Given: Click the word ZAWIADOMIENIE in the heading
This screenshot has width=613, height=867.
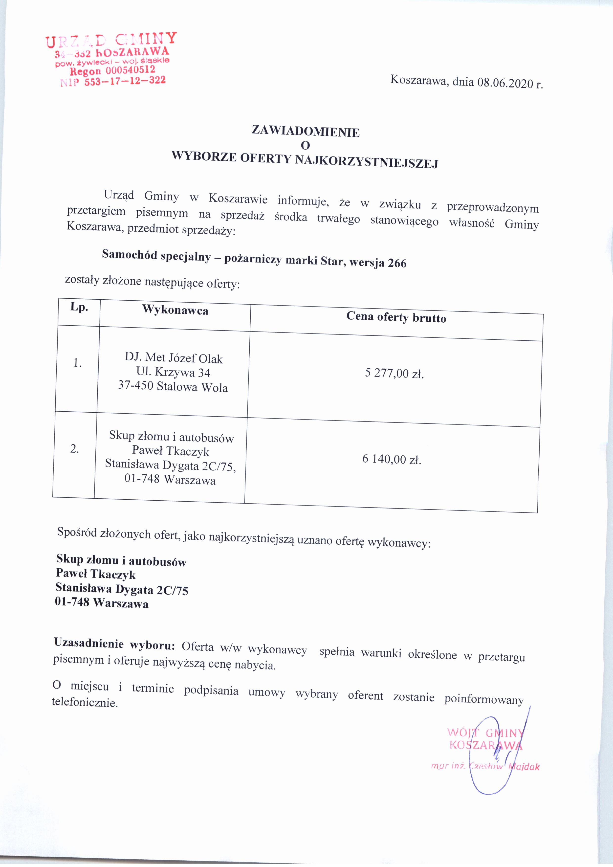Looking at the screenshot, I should coord(306,132).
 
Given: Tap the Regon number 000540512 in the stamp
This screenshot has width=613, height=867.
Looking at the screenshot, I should coord(130,70).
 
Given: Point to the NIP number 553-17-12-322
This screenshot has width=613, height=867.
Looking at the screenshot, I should coord(125,80).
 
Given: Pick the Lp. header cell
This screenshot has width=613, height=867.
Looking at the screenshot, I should coord(79,307).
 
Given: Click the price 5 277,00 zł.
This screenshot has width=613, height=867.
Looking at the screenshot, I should coord(394,374).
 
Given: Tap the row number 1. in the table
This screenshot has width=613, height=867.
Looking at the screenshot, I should coord(77,363).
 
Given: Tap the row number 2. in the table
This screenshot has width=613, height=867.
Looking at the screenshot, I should coord(75,449).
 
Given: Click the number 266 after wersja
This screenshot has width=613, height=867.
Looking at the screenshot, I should coord(397,263).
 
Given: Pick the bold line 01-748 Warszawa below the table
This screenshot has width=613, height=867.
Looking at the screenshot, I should coord(102,603).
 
